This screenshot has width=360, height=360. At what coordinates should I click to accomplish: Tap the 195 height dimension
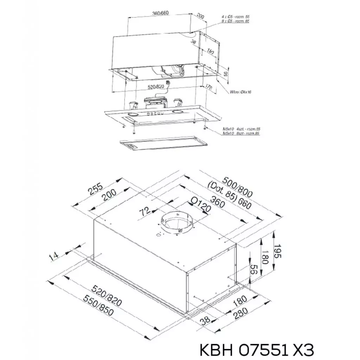click(x=278, y=251)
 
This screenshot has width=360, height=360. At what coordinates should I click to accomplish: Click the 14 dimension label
click(x=54, y=256)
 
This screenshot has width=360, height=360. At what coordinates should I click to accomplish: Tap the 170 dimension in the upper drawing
click(x=208, y=87)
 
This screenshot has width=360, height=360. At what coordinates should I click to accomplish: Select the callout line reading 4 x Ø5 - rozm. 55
click(x=235, y=17)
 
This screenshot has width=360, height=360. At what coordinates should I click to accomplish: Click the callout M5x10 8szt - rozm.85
click(x=241, y=134)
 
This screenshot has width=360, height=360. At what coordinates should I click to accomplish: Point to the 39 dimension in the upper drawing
click(x=193, y=43)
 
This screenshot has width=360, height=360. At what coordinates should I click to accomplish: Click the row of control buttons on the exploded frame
click(x=155, y=113)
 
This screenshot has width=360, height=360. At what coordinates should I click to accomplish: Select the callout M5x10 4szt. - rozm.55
click(x=241, y=129)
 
